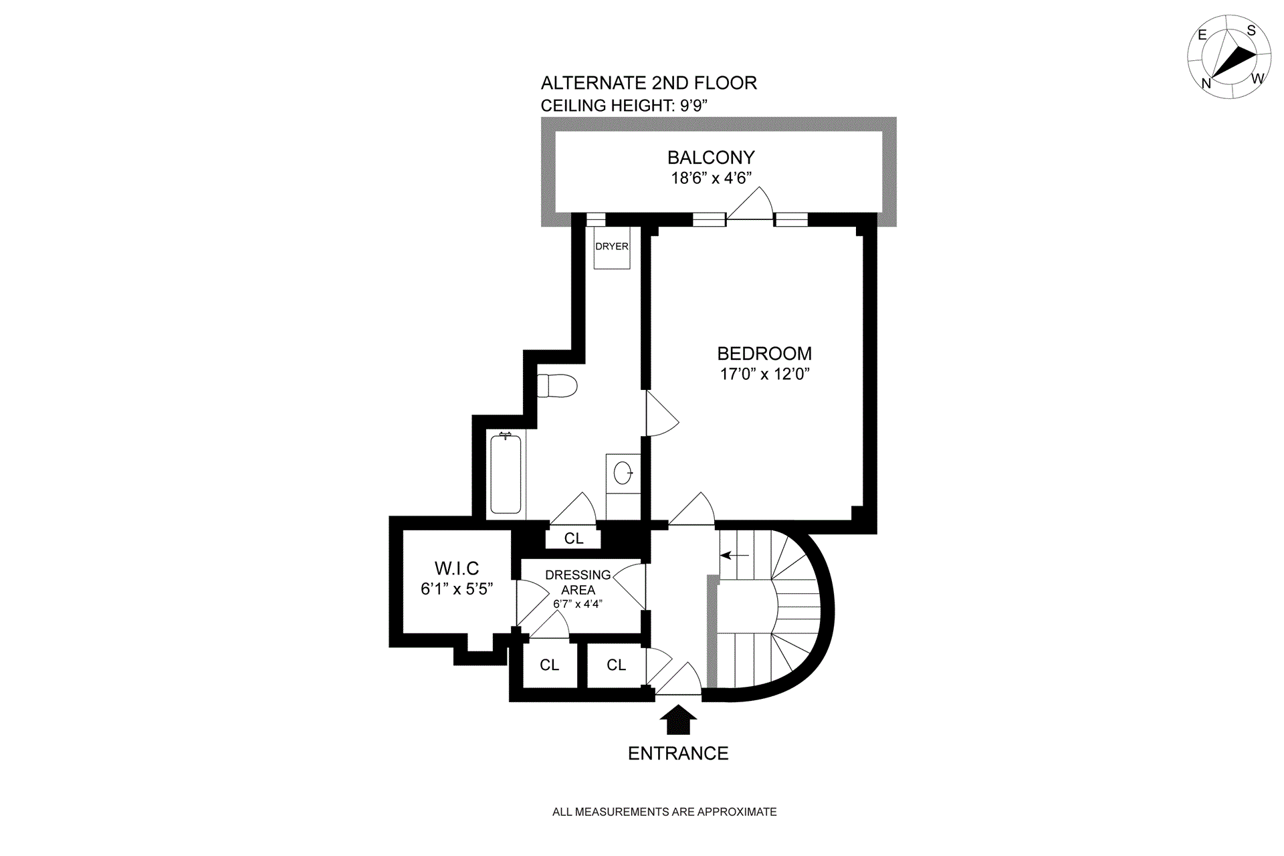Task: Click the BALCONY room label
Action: click(711, 158)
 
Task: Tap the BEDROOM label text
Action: click(764, 354)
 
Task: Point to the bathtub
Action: click(506, 473)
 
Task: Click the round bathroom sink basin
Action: click(623, 473)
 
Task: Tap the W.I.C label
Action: click(457, 568)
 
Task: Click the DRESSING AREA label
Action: click(578, 582)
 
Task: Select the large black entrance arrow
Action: click(678, 720)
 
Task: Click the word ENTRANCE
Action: click(678, 754)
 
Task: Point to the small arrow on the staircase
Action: click(734, 555)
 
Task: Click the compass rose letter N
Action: click(1206, 84)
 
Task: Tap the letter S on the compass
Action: click(1251, 31)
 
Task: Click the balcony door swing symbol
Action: click(751, 204)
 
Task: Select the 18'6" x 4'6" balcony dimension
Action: click(711, 178)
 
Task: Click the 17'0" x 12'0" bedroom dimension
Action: click(764, 374)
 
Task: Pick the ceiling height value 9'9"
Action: click(693, 106)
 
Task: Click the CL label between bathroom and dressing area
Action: click(574, 538)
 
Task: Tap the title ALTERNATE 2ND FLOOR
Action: click(649, 83)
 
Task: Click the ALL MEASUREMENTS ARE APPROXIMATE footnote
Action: click(664, 812)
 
